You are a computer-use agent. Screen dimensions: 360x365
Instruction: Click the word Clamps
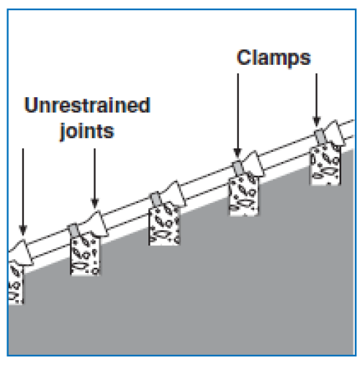pyautogui.click(x=274, y=58)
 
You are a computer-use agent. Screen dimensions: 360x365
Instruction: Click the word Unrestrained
pyautogui.click(x=87, y=105)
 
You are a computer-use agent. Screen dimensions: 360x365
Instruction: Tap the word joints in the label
pyautogui.click(x=87, y=131)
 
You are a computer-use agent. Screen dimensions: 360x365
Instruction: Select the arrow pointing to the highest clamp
pyautogui.click(x=316, y=99)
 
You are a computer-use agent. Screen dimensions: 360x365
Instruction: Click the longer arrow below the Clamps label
pyautogui.click(x=238, y=116)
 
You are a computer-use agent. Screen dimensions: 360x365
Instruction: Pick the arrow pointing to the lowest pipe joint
pyautogui.click(x=23, y=192)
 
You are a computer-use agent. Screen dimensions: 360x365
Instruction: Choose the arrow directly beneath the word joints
pyautogui.click(x=95, y=178)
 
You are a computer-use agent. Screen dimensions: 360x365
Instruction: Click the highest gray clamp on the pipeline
pyautogui.click(x=320, y=137)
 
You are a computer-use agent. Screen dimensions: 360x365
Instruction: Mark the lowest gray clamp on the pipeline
pyautogui.click(x=74, y=230)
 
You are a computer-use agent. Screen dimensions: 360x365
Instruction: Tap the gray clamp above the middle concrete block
pyautogui.click(x=156, y=199)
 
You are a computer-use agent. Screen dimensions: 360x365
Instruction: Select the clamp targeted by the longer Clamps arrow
pyautogui.click(x=238, y=168)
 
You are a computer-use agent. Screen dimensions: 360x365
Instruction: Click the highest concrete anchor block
pyautogui.click(x=325, y=166)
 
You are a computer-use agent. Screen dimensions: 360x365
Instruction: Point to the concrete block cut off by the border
pyautogui.click(x=16, y=283)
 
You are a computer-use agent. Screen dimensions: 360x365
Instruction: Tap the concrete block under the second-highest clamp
pyautogui.click(x=243, y=196)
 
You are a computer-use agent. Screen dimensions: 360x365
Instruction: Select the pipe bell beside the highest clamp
pyautogui.click(x=334, y=133)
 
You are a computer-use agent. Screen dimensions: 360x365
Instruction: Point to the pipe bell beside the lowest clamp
pyautogui.click(x=94, y=224)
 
